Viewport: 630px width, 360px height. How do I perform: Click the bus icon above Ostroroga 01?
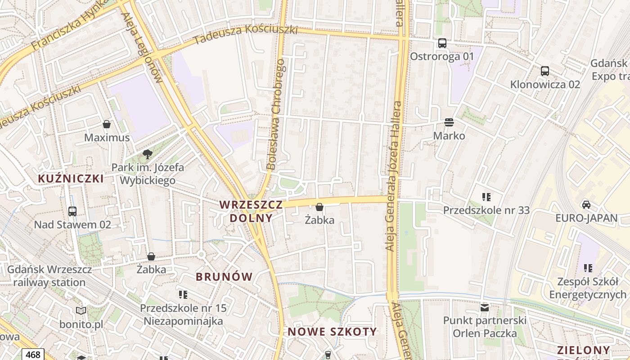click(x=442, y=43)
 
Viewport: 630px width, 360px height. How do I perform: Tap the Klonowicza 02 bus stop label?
click(x=545, y=84)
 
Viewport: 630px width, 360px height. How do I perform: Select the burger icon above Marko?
click(x=449, y=122)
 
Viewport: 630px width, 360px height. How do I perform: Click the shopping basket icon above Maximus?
click(x=107, y=124)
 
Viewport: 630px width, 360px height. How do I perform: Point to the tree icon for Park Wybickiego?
click(x=147, y=154)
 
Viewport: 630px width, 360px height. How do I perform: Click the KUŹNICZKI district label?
click(x=71, y=179)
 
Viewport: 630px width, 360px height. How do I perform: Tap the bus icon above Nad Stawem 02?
click(x=72, y=211)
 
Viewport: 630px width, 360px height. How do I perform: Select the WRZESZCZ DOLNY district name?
click(x=251, y=211)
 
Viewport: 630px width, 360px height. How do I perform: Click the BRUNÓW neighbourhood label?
click(x=224, y=276)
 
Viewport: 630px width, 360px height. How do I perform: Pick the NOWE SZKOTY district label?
click(x=332, y=332)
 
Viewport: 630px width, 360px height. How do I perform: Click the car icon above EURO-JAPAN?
click(x=586, y=204)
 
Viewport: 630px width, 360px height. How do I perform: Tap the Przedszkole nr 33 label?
click(x=486, y=210)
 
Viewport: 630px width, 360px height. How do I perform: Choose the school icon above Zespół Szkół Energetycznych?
click(x=588, y=268)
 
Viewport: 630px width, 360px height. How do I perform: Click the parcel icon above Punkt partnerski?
click(x=485, y=308)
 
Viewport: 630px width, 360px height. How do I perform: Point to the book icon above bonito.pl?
click(x=81, y=310)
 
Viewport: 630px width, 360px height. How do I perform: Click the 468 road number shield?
click(x=33, y=355)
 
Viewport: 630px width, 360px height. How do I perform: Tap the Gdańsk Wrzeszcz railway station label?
click(x=49, y=276)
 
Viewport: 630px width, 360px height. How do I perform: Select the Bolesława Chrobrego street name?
click(x=276, y=114)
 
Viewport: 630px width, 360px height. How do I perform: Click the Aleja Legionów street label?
click(x=142, y=47)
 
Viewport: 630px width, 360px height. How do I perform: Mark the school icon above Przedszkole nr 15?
click(x=183, y=295)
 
